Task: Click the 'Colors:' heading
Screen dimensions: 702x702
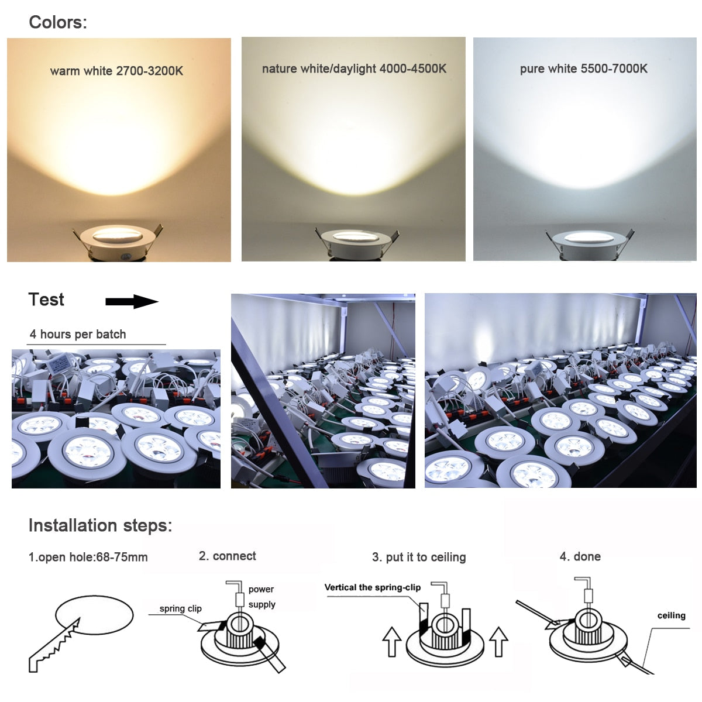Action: [x=58, y=22]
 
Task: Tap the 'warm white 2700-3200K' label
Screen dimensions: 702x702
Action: [x=116, y=71]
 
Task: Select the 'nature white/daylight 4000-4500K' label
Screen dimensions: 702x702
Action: [x=354, y=68]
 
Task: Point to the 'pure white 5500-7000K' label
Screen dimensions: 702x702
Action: [x=583, y=68]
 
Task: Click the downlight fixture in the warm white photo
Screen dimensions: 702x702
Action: [x=119, y=240]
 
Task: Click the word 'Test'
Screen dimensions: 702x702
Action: [x=46, y=300]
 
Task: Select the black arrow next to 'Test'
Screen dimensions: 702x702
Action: [x=132, y=302]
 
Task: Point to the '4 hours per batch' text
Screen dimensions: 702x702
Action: [x=78, y=334]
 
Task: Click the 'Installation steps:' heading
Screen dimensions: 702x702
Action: [x=100, y=525]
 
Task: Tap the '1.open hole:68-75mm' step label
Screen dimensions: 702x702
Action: [x=88, y=557]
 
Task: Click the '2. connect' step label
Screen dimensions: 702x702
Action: [x=227, y=556]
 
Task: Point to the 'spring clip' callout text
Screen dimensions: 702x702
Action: [x=180, y=608]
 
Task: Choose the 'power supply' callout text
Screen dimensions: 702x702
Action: [x=261, y=597]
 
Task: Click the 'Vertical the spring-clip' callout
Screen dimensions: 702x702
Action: [x=372, y=587]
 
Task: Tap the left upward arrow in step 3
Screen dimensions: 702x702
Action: [x=391, y=642]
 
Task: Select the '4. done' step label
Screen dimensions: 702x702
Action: [x=580, y=556]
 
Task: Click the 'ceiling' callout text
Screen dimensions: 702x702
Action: [x=671, y=615]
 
